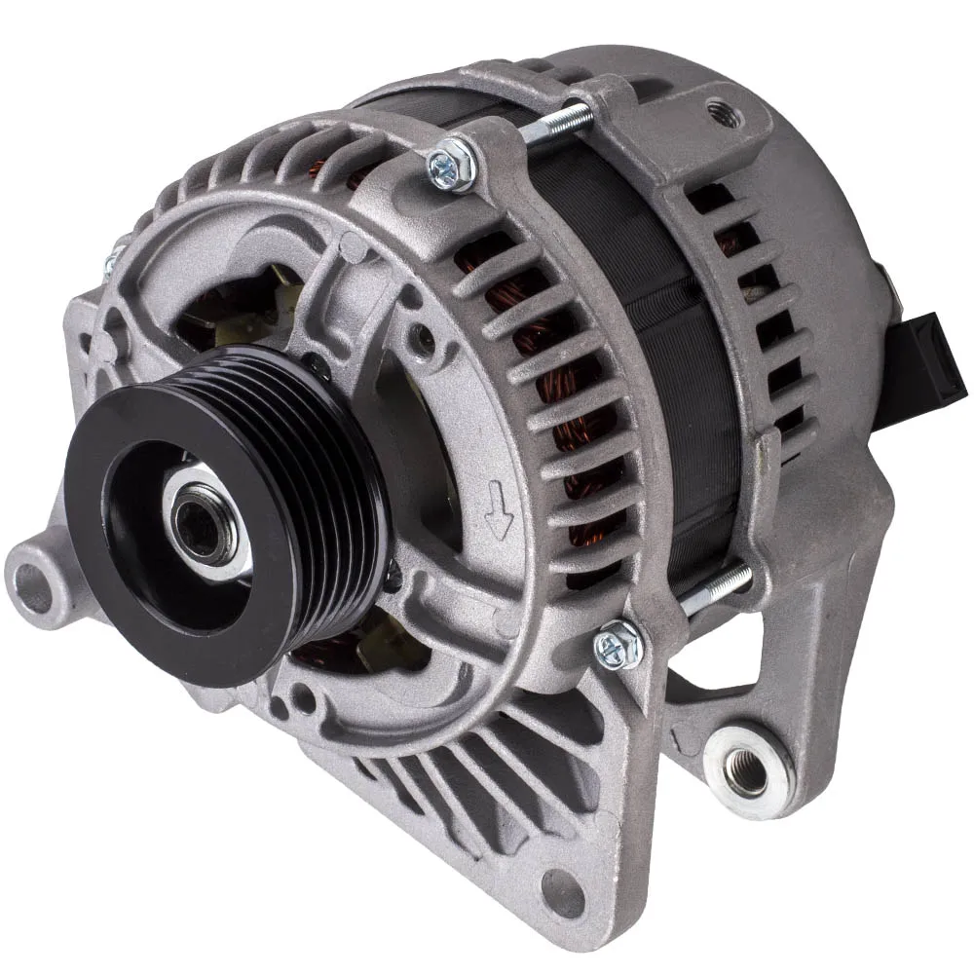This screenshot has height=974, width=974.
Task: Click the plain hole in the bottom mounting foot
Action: [x=565, y=888]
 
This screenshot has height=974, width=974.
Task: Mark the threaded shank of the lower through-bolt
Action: [x=719, y=589]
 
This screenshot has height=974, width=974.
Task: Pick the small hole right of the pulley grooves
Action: [x=423, y=340]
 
